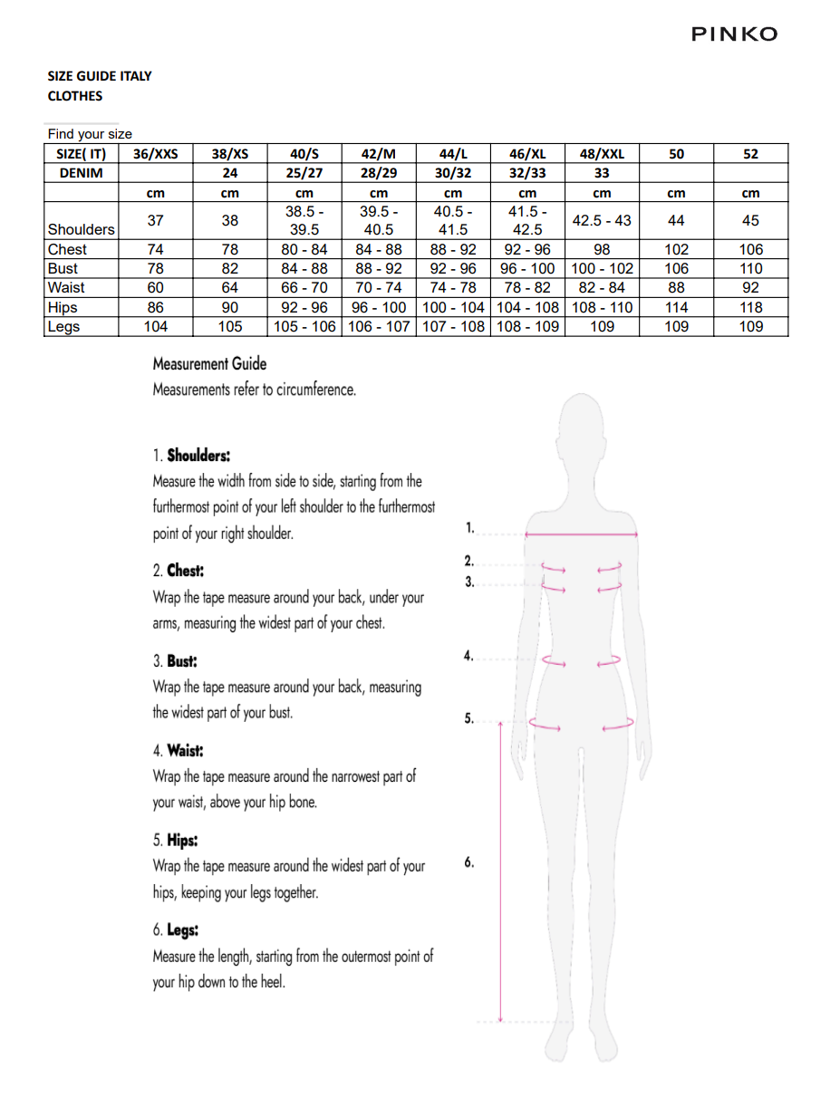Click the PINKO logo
click(x=734, y=34)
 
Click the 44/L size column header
click(x=453, y=153)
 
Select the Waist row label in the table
click(x=66, y=287)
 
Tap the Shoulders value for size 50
click(x=676, y=220)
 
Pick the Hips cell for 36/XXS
click(x=155, y=307)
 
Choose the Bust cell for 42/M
click(x=379, y=268)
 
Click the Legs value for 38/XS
click(x=230, y=326)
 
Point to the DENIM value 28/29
click(x=379, y=172)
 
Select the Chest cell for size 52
click(x=750, y=249)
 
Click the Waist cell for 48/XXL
click(x=602, y=287)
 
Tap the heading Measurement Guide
click(x=209, y=364)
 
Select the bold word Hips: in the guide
click(x=182, y=840)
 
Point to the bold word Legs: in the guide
click(x=182, y=929)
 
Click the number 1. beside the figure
click(x=469, y=526)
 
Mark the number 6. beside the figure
click(x=469, y=862)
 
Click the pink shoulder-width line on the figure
click(x=581, y=534)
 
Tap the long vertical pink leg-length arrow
click(x=500, y=870)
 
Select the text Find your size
click(x=90, y=134)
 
